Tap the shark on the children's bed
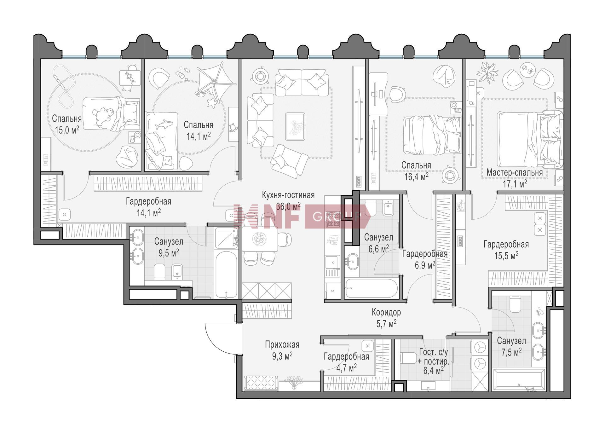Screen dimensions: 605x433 [x=163, y=124]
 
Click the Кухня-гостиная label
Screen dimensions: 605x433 [x=288, y=195]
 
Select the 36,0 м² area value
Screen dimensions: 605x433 [x=288, y=206]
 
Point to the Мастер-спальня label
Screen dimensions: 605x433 [x=515, y=173]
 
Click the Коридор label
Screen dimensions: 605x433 [x=386, y=312]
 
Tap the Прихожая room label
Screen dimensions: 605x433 [x=282, y=345]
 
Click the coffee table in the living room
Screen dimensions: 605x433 [x=295, y=126]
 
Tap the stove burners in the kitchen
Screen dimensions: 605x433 [x=333, y=219]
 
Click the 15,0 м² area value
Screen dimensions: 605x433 [x=67, y=130]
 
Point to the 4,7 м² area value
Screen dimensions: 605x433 [x=346, y=368]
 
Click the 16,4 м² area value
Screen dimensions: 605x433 [x=416, y=176]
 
